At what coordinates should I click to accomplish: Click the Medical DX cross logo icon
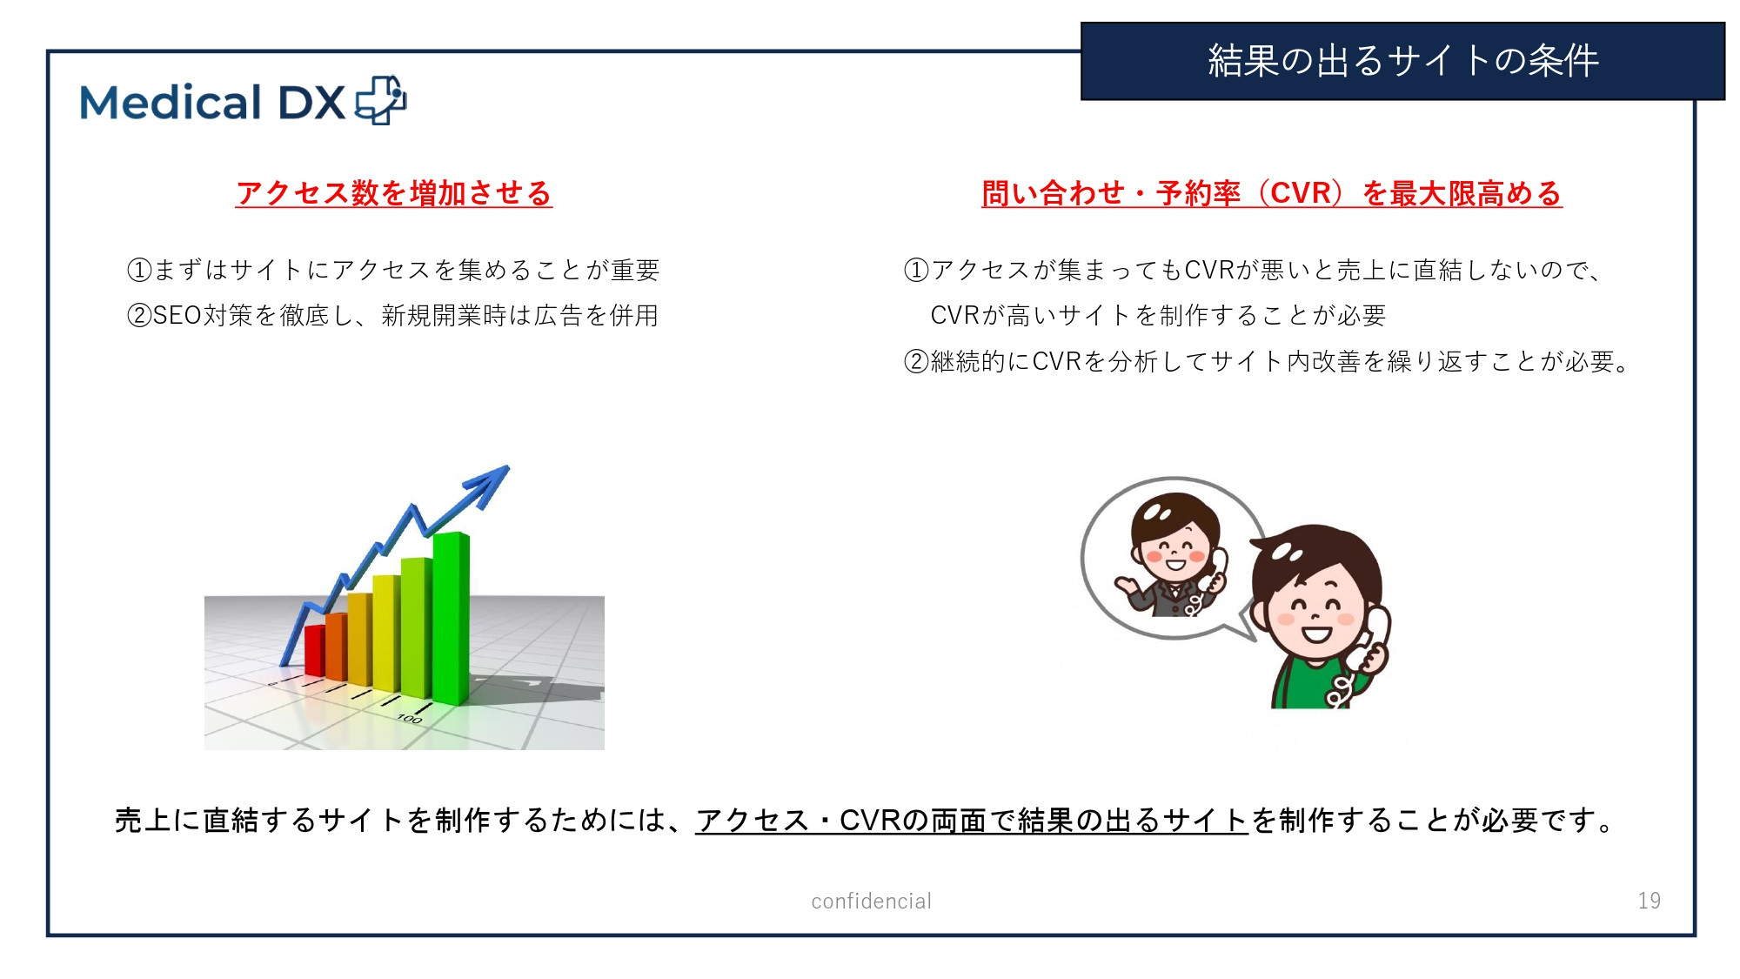pyautogui.click(x=380, y=101)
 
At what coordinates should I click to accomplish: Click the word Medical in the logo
pyautogui.click(x=171, y=103)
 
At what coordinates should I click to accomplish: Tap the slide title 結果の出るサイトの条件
pyautogui.click(x=1402, y=61)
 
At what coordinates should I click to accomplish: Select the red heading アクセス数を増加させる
pyautogui.click(x=394, y=193)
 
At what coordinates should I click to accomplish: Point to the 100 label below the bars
pyautogui.click(x=409, y=719)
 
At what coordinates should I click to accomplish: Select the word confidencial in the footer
pyautogui.click(x=871, y=901)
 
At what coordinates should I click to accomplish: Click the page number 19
pyautogui.click(x=1649, y=901)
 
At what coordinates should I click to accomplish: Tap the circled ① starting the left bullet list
pyautogui.click(x=139, y=270)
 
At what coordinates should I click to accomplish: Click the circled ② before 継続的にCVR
pyautogui.click(x=916, y=361)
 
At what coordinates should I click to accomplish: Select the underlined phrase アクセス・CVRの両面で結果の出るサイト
pyautogui.click(x=972, y=820)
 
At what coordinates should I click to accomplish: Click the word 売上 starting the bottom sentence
pyautogui.click(x=142, y=820)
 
